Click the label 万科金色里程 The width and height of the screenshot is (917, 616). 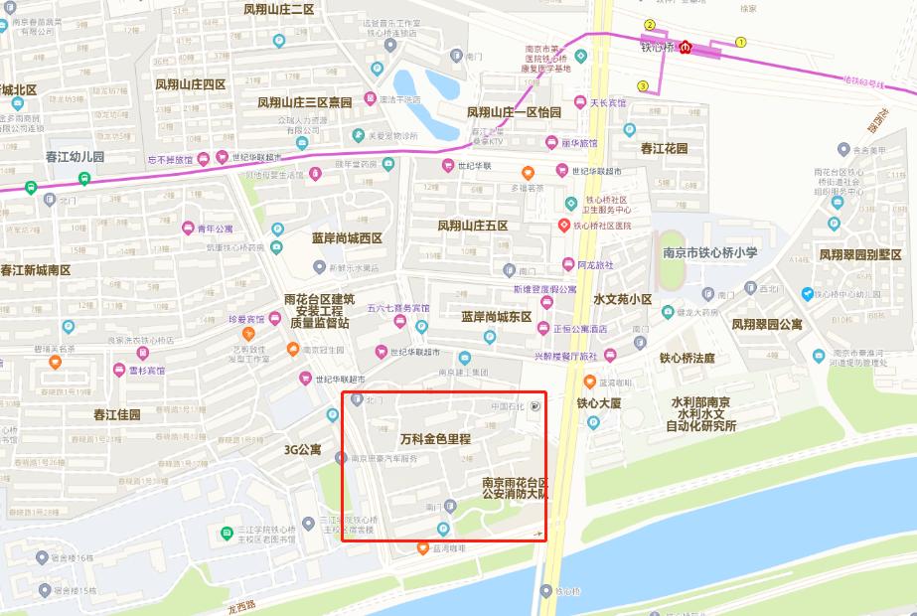[x=435, y=438]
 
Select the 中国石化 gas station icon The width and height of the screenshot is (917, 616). [x=536, y=404]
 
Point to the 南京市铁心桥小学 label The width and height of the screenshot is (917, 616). [x=710, y=252]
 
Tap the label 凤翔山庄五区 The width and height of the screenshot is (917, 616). [x=472, y=226]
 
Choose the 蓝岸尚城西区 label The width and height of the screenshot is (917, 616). [x=340, y=238]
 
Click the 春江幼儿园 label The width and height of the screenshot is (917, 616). [x=75, y=157]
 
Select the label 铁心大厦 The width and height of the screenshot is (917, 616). [x=598, y=403]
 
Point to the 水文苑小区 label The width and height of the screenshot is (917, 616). [x=622, y=299]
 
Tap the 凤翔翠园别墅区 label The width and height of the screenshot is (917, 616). [x=859, y=254]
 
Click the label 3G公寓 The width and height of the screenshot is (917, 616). [x=302, y=450]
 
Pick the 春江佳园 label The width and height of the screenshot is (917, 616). [x=117, y=414]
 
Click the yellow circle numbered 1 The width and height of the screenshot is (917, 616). [x=740, y=42]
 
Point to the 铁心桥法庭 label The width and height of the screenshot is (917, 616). [x=687, y=358]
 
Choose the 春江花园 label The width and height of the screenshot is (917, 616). [x=664, y=148]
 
